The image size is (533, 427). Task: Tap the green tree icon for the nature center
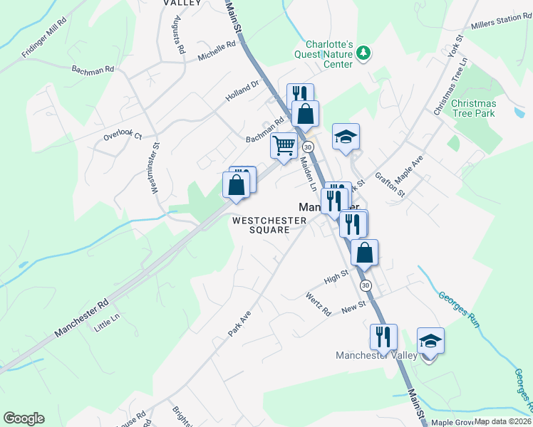[364, 52]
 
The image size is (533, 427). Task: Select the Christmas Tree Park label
[474, 108]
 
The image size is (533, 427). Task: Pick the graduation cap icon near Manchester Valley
[430, 341]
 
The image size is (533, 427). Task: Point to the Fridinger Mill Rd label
[44, 43]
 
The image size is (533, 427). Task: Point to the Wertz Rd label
[319, 304]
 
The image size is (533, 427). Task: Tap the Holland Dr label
[243, 90]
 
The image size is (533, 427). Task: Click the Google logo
[24, 418]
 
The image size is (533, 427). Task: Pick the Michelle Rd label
[217, 51]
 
